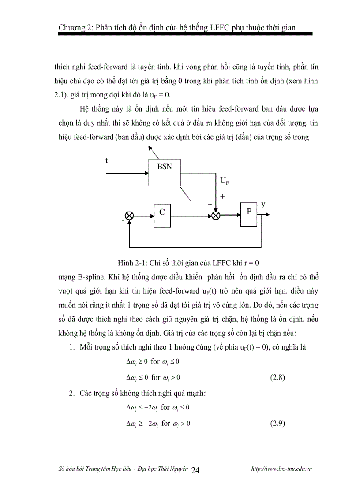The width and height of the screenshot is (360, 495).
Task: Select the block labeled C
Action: click(x=162, y=216)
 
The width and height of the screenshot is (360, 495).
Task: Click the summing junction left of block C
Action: click(x=129, y=216)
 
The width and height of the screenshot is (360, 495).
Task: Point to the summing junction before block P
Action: click(x=216, y=216)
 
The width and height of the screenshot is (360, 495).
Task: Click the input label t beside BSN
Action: click(x=106, y=161)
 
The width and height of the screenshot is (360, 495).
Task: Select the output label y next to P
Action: click(x=263, y=205)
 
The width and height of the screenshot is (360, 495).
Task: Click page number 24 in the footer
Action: click(x=196, y=470)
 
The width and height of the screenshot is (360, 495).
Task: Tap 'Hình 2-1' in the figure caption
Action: click(x=132, y=263)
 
